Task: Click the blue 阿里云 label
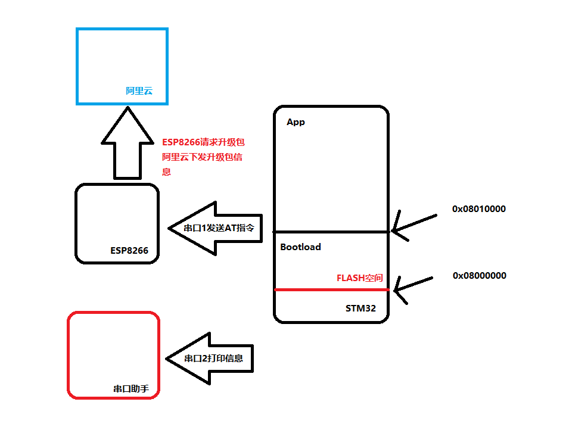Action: pos(139,91)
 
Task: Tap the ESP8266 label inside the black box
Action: pos(129,250)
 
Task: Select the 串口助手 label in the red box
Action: pos(130,389)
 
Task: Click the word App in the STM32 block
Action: pos(296,122)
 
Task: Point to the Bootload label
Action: pos(300,247)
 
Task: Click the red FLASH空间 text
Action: pos(359,278)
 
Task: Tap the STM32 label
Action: pos(360,309)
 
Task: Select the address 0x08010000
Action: pos(479,209)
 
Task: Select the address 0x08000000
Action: pos(479,275)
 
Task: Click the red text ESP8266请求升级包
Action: pos(203,142)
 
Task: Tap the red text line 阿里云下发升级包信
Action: pos(203,158)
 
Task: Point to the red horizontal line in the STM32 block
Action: pos(331,290)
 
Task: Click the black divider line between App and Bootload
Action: pos(331,231)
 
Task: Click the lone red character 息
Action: pos(167,172)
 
